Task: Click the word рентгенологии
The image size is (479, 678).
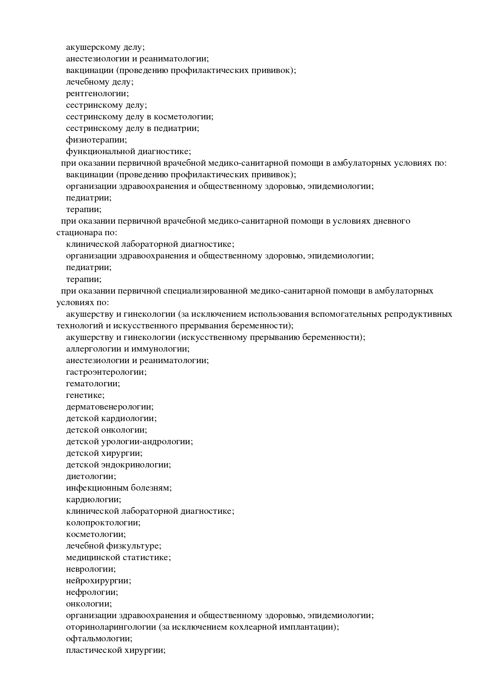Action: [x=97, y=93]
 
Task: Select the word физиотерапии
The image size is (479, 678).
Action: [x=96, y=140]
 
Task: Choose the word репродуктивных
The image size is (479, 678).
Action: [x=418, y=314]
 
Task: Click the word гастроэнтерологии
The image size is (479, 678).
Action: [x=106, y=372]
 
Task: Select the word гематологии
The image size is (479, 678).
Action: [x=93, y=383]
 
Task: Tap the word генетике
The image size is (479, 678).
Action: [x=85, y=395]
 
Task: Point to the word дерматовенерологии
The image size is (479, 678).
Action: [x=109, y=406]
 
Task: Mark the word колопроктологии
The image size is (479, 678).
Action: [x=103, y=522]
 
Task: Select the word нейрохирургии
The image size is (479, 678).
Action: [x=98, y=580]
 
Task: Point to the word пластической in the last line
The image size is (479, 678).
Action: [x=93, y=650]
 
